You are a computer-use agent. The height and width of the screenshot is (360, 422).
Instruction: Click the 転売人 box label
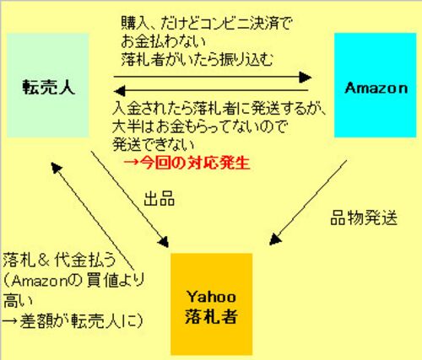(49, 87)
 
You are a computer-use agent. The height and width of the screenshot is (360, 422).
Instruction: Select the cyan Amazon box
(375, 85)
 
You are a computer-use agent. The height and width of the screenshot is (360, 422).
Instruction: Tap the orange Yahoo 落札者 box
(211, 304)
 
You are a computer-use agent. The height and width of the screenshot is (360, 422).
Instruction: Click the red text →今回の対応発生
(187, 164)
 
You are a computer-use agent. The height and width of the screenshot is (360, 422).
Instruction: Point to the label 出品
(160, 199)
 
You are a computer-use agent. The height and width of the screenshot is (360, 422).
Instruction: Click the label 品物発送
(364, 218)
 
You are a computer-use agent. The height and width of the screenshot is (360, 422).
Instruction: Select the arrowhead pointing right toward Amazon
(306, 77)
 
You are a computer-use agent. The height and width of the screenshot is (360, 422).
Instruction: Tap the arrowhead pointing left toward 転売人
(119, 91)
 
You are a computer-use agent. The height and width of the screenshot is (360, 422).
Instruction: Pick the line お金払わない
(164, 41)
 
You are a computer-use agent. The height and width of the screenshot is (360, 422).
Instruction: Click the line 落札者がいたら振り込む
(197, 59)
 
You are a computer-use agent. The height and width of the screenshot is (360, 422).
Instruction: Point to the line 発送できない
(154, 145)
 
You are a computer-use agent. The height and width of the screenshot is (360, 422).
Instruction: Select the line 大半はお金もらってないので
(199, 127)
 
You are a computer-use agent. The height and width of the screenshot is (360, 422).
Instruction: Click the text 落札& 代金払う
(59, 261)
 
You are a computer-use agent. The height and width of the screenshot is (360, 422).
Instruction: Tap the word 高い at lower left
(18, 300)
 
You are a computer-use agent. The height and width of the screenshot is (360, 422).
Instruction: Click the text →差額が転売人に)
(73, 320)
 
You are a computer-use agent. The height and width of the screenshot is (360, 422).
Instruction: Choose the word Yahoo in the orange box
(211, 297)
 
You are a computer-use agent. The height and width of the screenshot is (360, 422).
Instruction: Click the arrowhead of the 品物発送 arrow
(275, 239)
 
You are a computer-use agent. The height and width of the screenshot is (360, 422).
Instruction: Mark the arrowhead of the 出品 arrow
(164, 242)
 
